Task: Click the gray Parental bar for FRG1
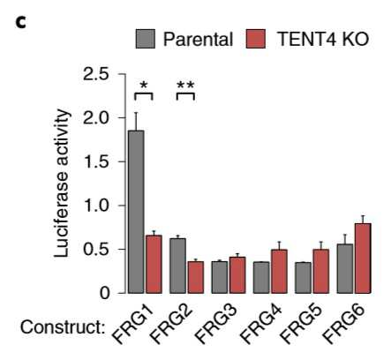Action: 136,212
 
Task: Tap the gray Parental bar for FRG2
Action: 177,266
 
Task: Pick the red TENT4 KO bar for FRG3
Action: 237,275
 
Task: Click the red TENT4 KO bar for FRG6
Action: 363,259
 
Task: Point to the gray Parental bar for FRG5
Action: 303,278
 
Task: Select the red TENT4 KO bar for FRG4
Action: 279,271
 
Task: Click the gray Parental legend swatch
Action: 146,39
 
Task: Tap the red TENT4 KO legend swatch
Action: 256,39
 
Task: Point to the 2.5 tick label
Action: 96,74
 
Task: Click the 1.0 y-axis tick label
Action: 96,206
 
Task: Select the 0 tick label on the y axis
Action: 104,293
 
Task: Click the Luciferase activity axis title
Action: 61,184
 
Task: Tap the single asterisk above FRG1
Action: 144,86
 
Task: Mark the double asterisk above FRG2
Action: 185,86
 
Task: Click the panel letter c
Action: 21,23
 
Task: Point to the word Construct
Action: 63,327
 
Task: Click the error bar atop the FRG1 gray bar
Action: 136,122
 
